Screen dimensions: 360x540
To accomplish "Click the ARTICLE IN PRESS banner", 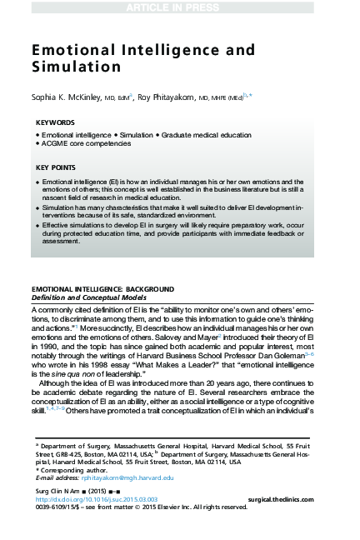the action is pyautogui.click(x=180, y=7).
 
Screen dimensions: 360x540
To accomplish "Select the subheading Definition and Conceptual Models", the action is pyautogui.click(x=87, y=297).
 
